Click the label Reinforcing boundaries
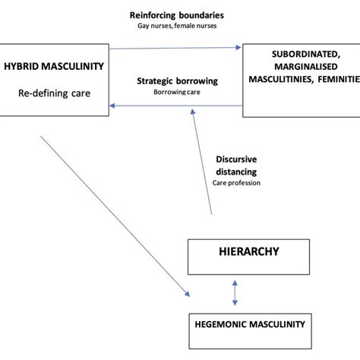coord(176,14)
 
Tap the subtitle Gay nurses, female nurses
coord(176,26)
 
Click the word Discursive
coord(237,159)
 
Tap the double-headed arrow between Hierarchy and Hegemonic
coord(235,292)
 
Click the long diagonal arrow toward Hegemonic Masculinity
coord(114,216)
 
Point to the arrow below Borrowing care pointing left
coord(175,106)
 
